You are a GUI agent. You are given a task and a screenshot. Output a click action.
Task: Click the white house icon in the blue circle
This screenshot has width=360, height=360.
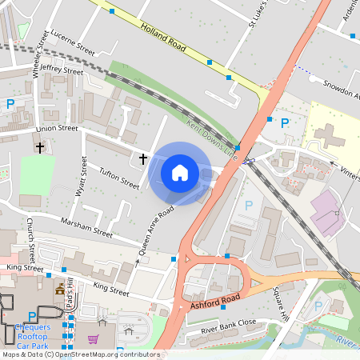pos(180,173)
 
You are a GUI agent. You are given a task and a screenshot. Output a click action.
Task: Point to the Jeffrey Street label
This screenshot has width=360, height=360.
pos(62,71)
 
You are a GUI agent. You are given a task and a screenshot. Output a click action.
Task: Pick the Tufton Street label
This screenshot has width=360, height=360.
pos(118,178)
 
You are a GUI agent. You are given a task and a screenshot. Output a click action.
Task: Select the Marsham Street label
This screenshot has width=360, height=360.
pos(86,227)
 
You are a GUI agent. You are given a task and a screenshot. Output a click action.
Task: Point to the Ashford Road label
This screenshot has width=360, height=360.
pos(214,302)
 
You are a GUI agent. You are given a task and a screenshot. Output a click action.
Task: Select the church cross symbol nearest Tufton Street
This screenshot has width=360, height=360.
pos(143,159)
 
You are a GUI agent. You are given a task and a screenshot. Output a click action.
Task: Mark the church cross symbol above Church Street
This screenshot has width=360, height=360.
pos(39,148)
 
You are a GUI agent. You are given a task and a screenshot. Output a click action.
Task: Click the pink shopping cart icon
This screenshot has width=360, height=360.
pos(94,340)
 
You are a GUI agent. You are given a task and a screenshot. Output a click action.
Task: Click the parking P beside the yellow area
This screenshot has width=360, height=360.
pos(284,122)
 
